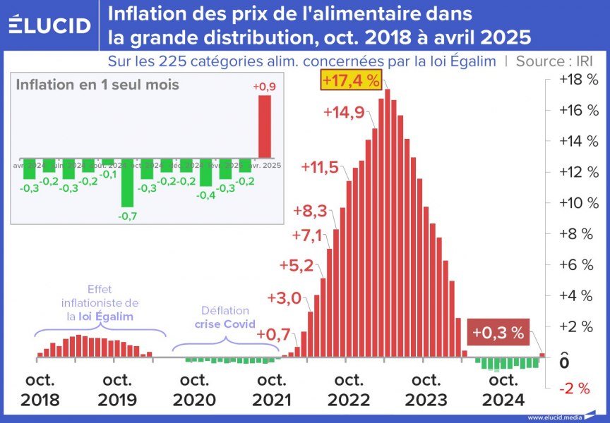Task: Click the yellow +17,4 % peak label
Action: tap(351, 80)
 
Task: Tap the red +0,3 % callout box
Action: tap(498, 332)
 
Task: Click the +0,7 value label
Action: tap(274, 334)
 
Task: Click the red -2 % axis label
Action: tap(573, 388)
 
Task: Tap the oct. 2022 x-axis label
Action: tap(349, 390)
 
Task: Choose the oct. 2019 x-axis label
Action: tap(117, 390)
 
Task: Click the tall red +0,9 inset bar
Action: tap(263, 126)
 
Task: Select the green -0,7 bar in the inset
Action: tap(127, 186)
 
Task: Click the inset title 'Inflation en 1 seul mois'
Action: tap(97, 85)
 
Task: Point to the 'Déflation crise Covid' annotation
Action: tap(225, 318)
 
